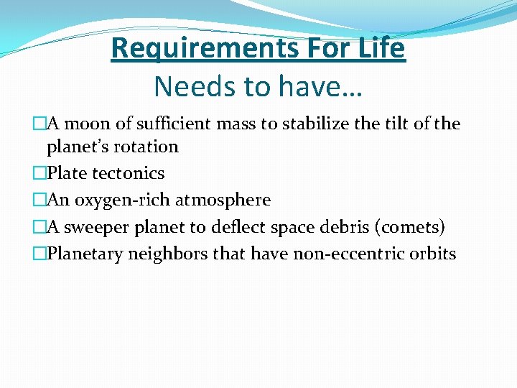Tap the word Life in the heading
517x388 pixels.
pos(383,49)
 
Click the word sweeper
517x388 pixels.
pos(94,227)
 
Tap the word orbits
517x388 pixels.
pos(432,254)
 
